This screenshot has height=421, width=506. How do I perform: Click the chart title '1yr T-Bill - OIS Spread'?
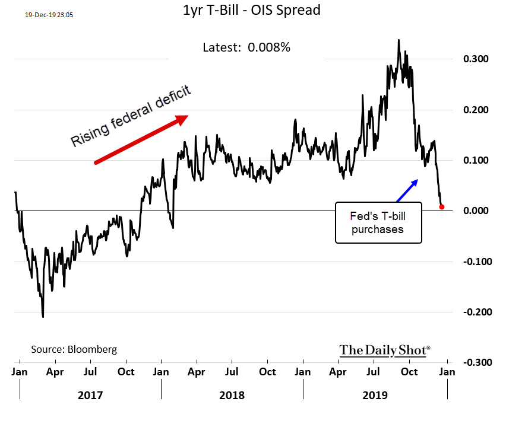click(x=253, y=11)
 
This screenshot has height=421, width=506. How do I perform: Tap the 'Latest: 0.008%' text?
click(x=246, y=47)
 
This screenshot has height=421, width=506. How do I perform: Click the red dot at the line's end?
click(x=442, y=207)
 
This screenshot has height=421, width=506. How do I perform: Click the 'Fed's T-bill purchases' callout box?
click(x=378, y=222)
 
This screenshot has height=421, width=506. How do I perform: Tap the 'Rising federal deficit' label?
click(x=131, y=116)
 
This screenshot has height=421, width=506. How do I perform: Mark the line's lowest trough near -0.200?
click(x=43, y=316)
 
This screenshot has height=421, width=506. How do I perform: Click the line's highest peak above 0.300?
click(x=399, y=40)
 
